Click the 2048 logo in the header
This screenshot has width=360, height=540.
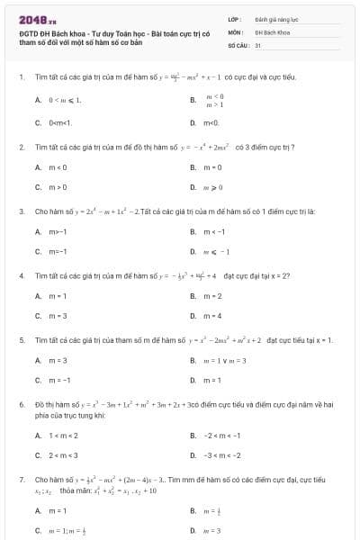37,17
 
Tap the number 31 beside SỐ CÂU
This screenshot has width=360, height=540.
258,44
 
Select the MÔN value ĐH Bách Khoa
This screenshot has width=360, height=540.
271,31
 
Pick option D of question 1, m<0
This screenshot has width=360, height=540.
212,122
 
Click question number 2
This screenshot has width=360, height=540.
21,146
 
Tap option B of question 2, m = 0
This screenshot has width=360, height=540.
213,166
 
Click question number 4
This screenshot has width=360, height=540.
21,275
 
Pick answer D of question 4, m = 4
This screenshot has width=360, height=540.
213,317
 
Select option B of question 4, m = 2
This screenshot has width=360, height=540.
213,296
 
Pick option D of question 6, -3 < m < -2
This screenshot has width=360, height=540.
221,456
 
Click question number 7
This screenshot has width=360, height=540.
21,480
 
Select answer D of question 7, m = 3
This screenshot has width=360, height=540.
213,531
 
